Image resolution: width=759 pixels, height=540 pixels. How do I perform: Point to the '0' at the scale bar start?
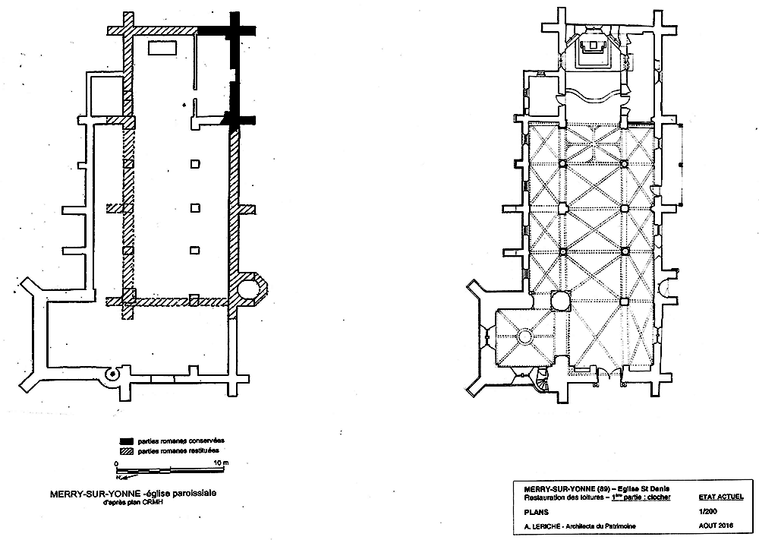[117, 463]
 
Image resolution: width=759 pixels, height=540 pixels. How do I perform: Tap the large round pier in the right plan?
[562, 302]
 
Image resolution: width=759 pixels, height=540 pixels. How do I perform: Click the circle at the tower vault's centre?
[524, 335]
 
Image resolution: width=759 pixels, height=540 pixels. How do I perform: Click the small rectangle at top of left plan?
[162, 49]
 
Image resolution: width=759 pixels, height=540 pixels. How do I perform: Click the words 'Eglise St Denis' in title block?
[641, 488]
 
